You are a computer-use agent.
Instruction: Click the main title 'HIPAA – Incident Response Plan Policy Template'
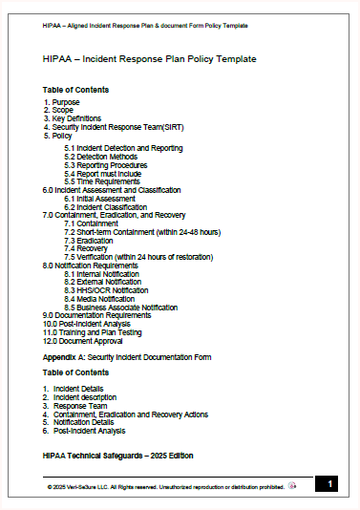point(149,59)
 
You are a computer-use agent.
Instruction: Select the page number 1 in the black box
point(328,484)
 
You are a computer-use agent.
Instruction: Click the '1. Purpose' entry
point(62,102)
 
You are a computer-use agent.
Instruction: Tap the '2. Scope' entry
point(60,110)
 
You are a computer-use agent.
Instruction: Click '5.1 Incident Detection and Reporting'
point(123,148)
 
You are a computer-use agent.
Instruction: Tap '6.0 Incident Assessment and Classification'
point(111,190)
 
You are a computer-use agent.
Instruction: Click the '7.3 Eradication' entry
point(93,241)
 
